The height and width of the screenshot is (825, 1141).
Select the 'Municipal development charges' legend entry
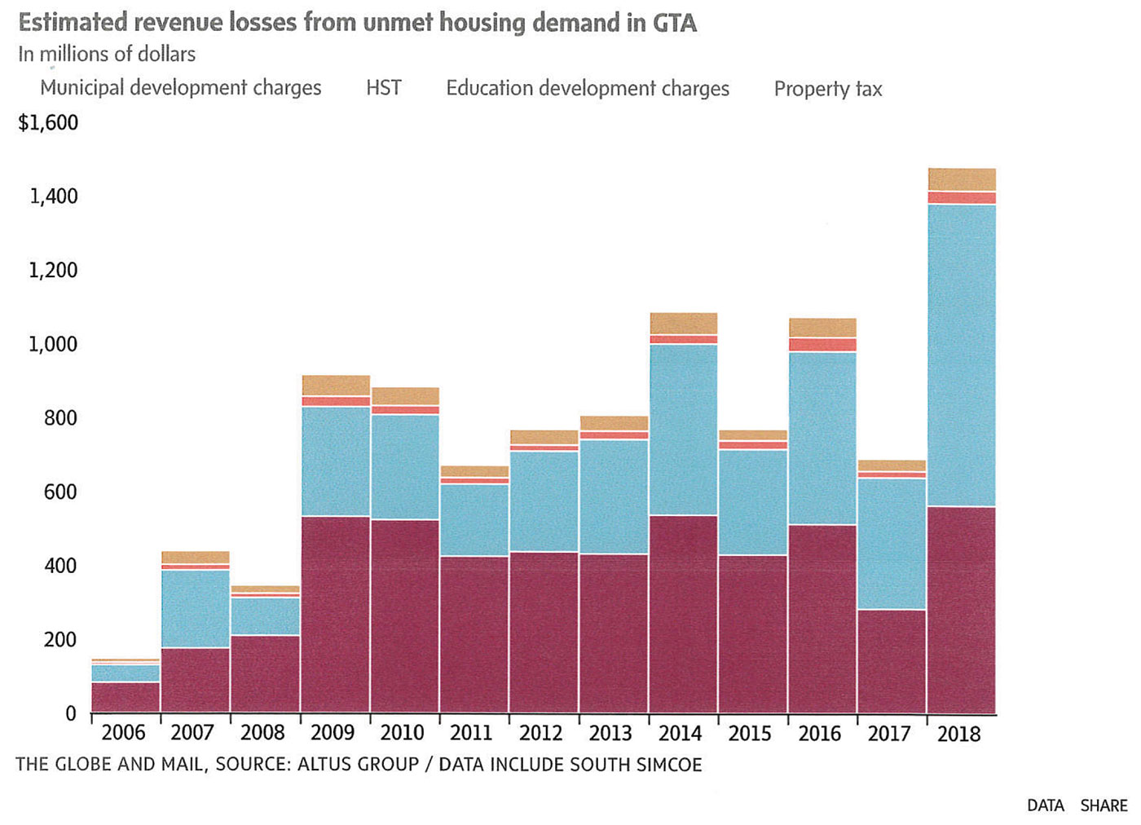coord(180,88)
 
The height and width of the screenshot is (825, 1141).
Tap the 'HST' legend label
coord(384,88)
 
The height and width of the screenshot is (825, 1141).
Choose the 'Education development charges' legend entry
coord(588,88)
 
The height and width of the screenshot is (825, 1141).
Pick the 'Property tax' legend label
coord(828,89)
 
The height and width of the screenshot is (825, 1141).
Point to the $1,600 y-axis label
coord(48,123)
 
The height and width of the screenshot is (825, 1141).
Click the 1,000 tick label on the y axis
coord(53,344)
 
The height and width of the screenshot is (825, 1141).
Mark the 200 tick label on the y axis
coord(59,640)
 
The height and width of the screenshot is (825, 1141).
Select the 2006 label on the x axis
coord(123,733)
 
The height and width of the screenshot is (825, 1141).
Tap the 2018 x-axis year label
coord(958,734)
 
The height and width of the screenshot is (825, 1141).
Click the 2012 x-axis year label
coord(541,733)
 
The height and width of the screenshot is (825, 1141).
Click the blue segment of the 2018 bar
coord(962,355)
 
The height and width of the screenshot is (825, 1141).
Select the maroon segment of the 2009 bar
coord(335,615)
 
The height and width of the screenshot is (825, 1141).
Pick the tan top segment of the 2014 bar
coord(683,324)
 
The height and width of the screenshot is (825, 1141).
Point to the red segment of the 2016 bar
coord(822,345)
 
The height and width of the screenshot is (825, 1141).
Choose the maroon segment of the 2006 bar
coord(126,698)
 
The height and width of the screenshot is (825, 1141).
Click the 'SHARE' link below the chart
coord(1104,805)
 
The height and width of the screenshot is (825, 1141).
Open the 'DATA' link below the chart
coord(1045,805)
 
